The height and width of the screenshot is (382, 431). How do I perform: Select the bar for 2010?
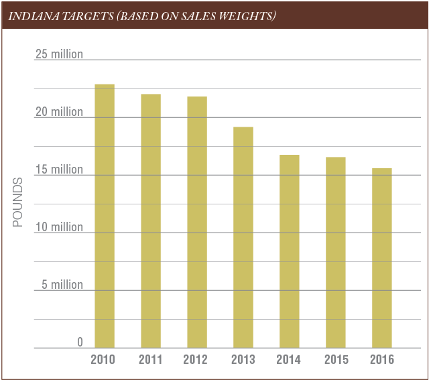[105, 216]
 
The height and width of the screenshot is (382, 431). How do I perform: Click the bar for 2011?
[151, 220]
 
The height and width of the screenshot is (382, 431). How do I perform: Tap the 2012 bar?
[197, 222]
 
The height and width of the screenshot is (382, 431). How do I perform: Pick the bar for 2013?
[243, 237]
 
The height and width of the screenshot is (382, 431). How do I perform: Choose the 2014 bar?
[290, 251]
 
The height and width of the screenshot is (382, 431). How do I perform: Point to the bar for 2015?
[336, 252]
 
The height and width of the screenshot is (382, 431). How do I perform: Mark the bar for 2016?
[382, 258]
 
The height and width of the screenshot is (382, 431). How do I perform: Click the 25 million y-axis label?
[59, 54]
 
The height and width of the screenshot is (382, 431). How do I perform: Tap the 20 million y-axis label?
[59, 112]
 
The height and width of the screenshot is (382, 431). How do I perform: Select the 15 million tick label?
[59, 170]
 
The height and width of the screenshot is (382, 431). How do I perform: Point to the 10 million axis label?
[59, 227]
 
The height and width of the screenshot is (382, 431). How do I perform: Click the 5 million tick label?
[62, 285]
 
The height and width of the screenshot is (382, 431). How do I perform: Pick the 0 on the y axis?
[80, 342]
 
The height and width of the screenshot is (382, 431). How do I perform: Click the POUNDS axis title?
[17, 202]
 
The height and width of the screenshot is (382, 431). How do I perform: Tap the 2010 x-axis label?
[103, 360]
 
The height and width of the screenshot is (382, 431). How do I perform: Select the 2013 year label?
[243, 360]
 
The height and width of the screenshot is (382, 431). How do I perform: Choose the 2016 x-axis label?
[382, 360]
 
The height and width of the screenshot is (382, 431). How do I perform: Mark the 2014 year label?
[290, 360]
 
